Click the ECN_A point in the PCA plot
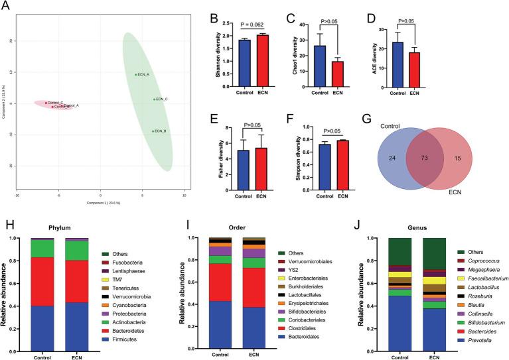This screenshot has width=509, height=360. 136,75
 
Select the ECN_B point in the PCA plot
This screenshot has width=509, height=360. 153,131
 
